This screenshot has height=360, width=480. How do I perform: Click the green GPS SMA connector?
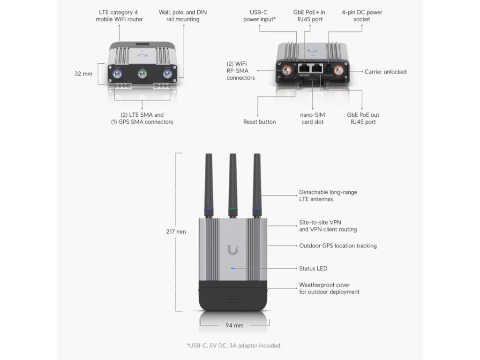tap(142, 74)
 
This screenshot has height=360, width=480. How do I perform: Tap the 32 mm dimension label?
tap(83, 74)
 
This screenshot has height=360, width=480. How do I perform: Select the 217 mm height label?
tap(176, 232)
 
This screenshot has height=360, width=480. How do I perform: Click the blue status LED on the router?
tap(233, 269)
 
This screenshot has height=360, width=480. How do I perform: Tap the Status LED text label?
tap(313, 269)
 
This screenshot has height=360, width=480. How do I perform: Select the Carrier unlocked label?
tap(385, 72)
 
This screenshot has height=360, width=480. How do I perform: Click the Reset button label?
tap(259, 122)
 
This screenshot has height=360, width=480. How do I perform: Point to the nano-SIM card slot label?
tap(312, 118)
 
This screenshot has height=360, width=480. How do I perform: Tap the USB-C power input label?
tap(259, 16)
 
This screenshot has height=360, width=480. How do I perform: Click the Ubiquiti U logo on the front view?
tap(233, 250)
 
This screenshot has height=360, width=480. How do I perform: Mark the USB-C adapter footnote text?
tap(234, 346)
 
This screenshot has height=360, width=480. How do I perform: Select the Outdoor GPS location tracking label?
tap(337, 246)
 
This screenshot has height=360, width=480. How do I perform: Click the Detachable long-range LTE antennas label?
tap(328, 196)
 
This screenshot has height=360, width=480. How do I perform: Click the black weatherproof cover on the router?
tap(233, 295)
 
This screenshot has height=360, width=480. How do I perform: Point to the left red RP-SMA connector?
tap(285, 71)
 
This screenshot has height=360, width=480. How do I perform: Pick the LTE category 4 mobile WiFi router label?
tap(119, 16)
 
